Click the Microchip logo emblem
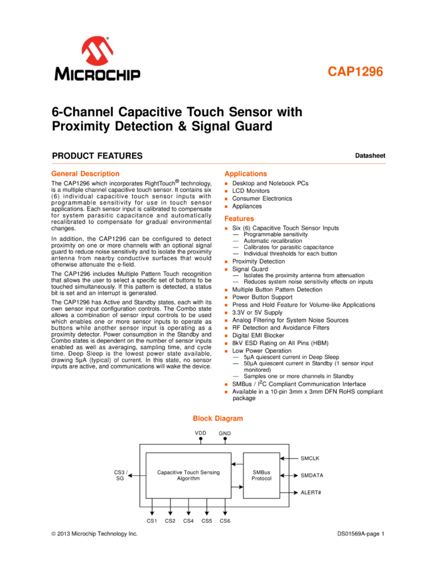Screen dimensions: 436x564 (97, 50)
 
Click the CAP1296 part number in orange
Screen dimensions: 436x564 (355, 72)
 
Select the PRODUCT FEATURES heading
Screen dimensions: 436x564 (97, 156)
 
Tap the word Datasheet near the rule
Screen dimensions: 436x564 (370, 156)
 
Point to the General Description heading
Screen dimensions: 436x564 (85, 174)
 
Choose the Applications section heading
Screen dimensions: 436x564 (246, 174)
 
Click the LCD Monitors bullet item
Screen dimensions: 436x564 (251, 191)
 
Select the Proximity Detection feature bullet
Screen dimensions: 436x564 (258, 261)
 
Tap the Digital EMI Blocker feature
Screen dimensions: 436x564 (258, 336)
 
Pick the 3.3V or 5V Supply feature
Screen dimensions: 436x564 (257, 313)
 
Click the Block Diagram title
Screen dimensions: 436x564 (218, 418)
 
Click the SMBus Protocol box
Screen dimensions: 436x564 (261, 476)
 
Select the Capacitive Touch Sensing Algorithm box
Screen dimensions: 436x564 (188, 476)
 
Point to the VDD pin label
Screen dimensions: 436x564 (200, 433)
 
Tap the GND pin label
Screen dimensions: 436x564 (225, 433)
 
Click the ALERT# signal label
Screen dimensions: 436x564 (311, 492)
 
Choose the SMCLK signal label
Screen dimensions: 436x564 (310, 458)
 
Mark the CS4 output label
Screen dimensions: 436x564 (188, 521)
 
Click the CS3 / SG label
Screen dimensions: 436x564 (121, 475)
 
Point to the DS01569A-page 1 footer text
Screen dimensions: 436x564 (361, 533)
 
